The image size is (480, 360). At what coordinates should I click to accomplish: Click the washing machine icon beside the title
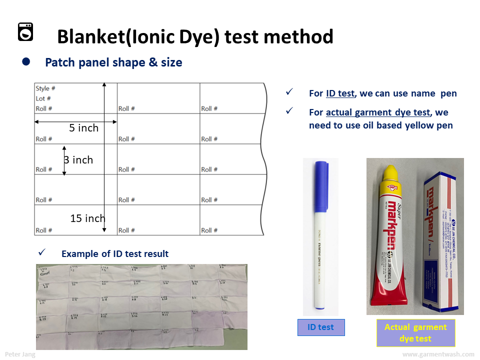(x=25, y=31)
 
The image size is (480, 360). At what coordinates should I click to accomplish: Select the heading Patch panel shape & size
(x=113, y=62)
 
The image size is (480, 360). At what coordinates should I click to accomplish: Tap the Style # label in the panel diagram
(x=45, y=88)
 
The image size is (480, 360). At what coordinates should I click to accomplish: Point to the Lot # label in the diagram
(x=43, y=98)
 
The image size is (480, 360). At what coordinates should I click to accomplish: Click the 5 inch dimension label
(x=83, y=128)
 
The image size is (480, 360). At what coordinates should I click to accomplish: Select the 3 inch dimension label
(x=78, y=160)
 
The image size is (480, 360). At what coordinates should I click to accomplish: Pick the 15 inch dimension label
(x=87, y=218)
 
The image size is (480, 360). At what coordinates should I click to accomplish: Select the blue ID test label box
(x=320, y=327)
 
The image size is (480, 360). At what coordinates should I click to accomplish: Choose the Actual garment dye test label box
(x=415, y=332)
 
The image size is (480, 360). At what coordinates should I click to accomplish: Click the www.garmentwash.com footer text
(x=438, y=354)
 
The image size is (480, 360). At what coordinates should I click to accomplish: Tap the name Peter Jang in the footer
(x=19, y=354)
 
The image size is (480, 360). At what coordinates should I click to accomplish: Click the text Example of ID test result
(x=115, y=254)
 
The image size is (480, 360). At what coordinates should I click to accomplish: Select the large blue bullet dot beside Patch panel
(x=26, y=62)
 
